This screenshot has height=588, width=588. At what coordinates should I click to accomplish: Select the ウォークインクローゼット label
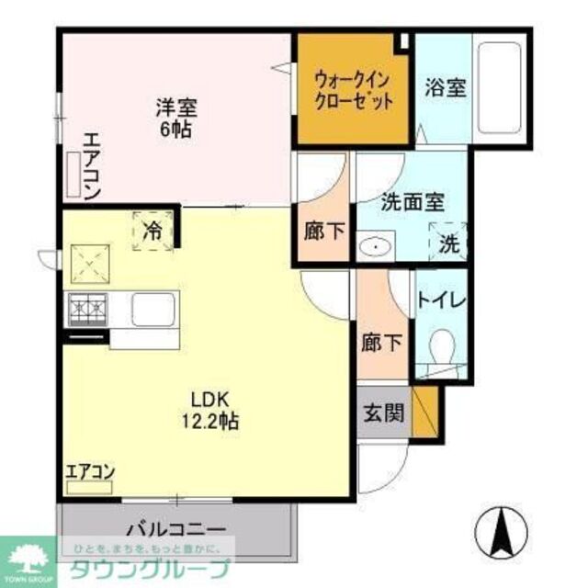(x=354, y=89)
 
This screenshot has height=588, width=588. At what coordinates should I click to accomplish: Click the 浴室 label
(x=446, y=89)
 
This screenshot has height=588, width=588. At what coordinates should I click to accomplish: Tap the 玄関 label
(x=383, y=413)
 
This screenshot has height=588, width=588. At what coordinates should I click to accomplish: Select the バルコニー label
(x=175, y=530)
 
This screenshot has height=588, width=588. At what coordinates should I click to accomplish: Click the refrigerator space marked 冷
(x=153, y=231)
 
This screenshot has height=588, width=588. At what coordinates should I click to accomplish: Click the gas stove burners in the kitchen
(x=85, y=308)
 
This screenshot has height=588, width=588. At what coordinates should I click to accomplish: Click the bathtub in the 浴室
(x=498, y=86)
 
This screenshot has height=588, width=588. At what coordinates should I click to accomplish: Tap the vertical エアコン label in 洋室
(x=92, y=165)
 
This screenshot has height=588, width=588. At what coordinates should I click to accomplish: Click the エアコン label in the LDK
(x=89, y=472)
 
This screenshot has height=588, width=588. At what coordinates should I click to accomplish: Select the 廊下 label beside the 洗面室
(x=324, y=231)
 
